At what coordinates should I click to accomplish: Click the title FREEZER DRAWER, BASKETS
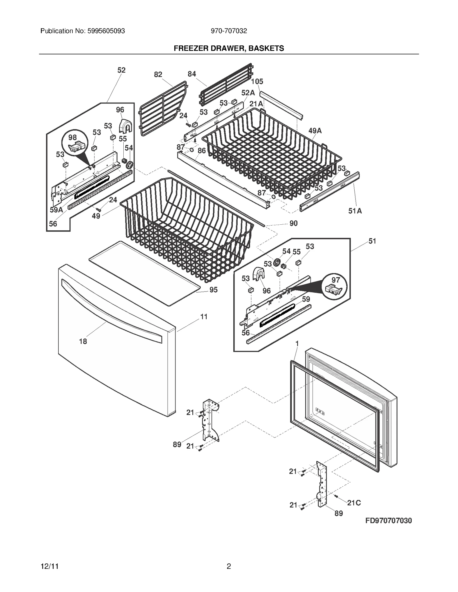[x=229, y=48]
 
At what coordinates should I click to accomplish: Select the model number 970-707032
[x=229, y=31]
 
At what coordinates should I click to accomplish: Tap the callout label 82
[x=158, y=75]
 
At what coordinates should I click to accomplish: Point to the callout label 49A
[x=315, y=131]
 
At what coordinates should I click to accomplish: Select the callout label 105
[x=257, y=81]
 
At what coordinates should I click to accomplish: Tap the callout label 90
[x=293, y=223]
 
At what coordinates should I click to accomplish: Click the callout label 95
[x=214, y=290]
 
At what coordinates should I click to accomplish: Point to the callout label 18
[x=83, y=341]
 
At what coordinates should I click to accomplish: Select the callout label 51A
[x=355, y=211]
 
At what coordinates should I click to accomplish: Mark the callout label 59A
[x=56, y=210]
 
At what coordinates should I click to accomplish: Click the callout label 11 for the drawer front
[x=204, y=317]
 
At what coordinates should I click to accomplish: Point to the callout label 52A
[x=248, y=93]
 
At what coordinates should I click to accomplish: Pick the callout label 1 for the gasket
[x=297, y=344]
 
